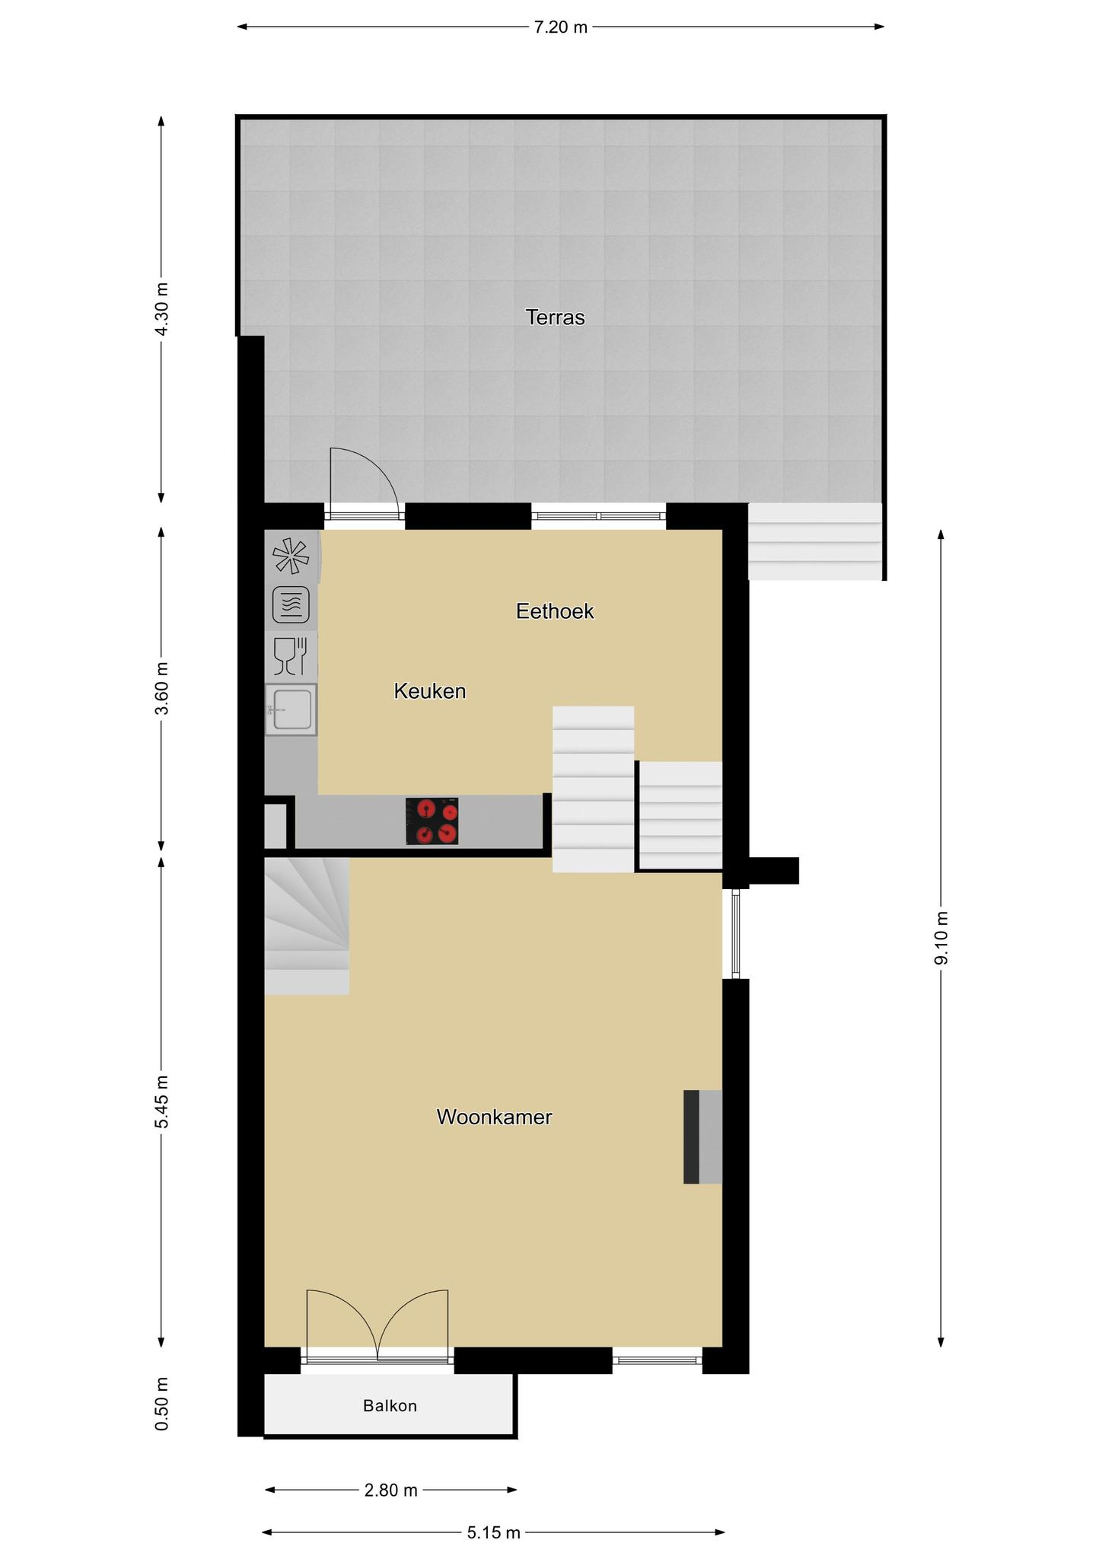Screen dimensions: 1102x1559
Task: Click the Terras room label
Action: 555,317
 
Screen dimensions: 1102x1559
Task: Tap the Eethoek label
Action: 555,611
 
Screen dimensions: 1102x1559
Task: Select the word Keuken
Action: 430,691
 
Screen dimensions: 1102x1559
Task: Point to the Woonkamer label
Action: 494,1117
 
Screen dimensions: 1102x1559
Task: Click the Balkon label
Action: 390,1405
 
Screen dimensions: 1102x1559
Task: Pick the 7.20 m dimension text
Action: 561,27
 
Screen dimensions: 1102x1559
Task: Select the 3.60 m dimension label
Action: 161,689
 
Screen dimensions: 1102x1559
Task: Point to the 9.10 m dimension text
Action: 941,938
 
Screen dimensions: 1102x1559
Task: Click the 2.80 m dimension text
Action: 391,1490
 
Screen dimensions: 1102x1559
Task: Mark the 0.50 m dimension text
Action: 161,1404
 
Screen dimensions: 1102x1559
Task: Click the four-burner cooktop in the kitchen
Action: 432,821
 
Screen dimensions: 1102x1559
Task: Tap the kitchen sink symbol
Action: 291,709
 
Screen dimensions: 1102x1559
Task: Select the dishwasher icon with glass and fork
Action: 291,656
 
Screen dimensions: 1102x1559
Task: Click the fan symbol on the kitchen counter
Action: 291,556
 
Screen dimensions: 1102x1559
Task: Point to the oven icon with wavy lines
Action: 291,606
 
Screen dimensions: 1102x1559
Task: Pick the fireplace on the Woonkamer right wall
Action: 702,1137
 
